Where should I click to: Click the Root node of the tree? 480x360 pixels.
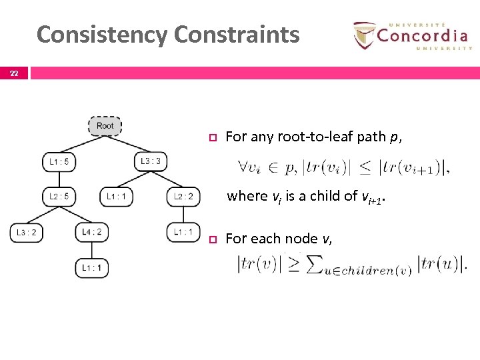click(105, 126)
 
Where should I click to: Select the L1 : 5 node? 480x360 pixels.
click(59, 161)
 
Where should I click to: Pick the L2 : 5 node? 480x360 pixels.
click(59, 197)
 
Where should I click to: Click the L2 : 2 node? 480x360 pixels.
click(183, 197)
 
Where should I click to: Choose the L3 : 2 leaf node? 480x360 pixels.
click(26, 232)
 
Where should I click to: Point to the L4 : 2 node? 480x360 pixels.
click(91, 232)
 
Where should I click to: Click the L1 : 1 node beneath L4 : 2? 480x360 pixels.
click(91, 267)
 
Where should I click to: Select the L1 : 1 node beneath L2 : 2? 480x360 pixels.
click(183, 232)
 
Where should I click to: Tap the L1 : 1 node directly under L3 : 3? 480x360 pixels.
click(116, 197)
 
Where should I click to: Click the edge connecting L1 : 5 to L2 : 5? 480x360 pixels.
click(59, 179)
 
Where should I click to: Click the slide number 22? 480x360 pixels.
click(14, 73)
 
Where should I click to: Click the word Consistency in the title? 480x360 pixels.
click(101, 34)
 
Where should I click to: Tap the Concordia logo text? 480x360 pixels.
click(421, 35)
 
